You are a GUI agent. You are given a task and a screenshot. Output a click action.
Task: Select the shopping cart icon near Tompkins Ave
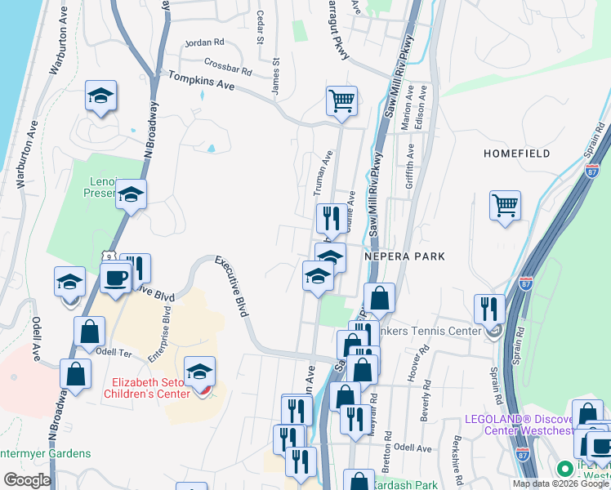[x=341, y=101]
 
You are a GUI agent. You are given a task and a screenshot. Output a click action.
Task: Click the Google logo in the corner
[x=26, y=480]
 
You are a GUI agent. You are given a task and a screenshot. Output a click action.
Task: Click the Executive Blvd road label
[x=231, y=286]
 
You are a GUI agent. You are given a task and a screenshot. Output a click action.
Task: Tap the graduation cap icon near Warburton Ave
[x=100, y=96]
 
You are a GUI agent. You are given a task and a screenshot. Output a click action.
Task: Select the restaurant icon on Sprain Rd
[x=488, y=309]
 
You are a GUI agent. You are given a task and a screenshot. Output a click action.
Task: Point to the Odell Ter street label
[x=114, y=351]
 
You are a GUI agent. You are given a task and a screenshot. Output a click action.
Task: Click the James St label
[x=276, y=74]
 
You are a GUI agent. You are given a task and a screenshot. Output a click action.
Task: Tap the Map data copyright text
[x=560, y=483]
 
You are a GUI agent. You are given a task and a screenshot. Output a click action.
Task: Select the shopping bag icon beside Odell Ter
[x=89, y=332]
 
